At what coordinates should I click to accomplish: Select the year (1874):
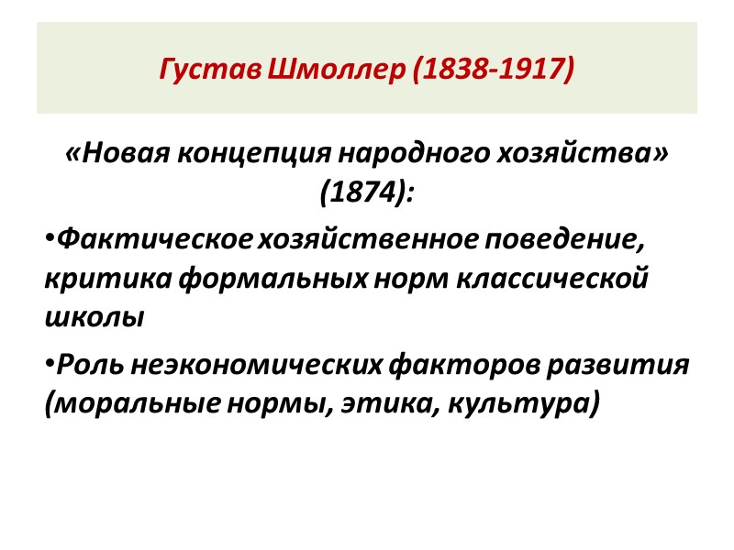click(367, 192)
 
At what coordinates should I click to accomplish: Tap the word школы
click(95, 316)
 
